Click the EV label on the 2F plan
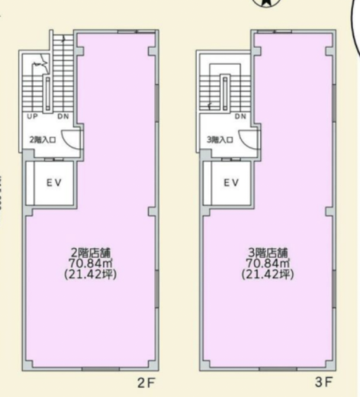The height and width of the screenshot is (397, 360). pos(54,182)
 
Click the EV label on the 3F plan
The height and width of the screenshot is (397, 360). pos(231,182)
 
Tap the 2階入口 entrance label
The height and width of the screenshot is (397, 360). pos(43,140)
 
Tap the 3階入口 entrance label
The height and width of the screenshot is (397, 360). pos(220,140)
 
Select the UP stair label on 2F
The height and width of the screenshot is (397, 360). pos(33,117)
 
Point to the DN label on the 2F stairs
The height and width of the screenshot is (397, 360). pos(63,117)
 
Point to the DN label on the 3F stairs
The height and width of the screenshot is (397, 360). pos(240,117)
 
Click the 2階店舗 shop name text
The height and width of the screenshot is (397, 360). pos(91,253)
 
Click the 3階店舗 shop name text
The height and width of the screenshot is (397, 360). pos(268,253)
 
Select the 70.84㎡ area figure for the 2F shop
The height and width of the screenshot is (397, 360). pos(90,263)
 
